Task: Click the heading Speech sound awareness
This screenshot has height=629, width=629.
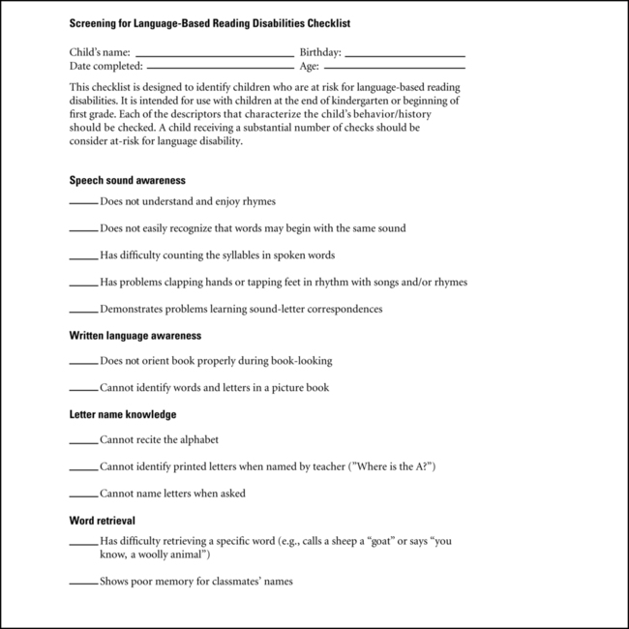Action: click(127, 180)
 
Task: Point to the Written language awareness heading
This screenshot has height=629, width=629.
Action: click(135, 336)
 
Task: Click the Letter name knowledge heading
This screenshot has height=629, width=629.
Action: click(122, 414)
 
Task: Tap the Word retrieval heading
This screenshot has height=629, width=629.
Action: click(102, 520)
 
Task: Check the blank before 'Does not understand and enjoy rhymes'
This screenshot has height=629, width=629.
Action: click(83, 203)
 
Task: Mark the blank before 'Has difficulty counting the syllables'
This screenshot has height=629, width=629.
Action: click(83, 257)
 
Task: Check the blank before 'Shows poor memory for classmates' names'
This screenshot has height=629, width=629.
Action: click(83, 584)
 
